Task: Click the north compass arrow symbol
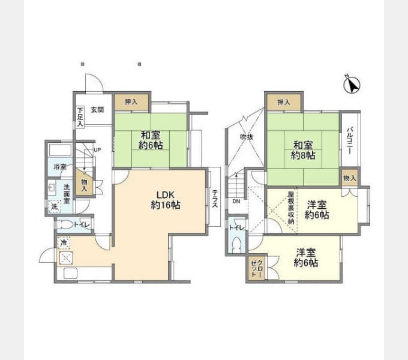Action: [351, 85]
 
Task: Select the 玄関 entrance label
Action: [97, 110]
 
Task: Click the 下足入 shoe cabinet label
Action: [80, 116]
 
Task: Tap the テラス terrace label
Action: [215, 197]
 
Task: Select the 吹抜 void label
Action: [247, 137]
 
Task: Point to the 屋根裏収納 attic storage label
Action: [290, 208]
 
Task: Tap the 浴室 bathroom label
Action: [59, 166]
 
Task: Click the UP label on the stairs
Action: [97, 149]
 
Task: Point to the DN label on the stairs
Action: [236, 201]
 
